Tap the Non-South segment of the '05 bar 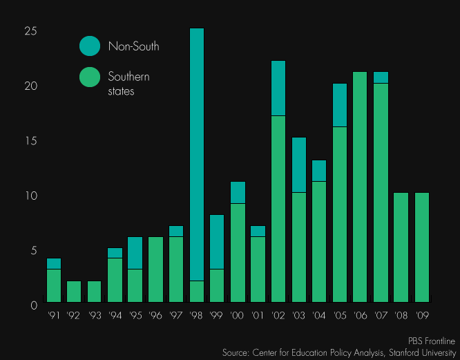pyautogui.click(x=340, y=105)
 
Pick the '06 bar pyautogui.click(x=360, y=187)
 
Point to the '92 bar pyautogui.click(x=74, y=292)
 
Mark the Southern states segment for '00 pyautogui.click(x=238, y=252)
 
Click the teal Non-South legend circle pyautogui.click(x=90, y=46)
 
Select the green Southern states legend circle pyautogui.click(x=90, y=77)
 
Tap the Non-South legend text pyautogui.click(x=133, y=46)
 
